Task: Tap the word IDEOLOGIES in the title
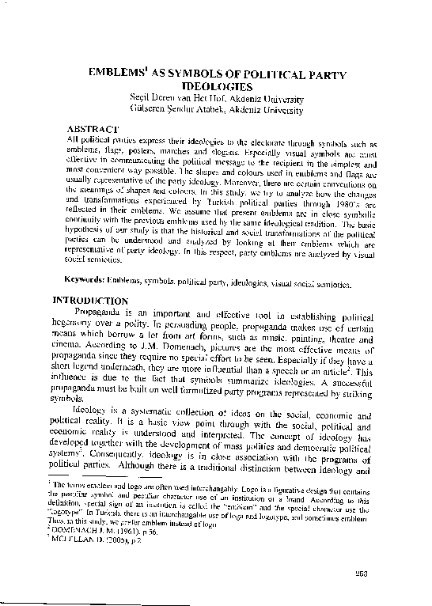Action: coord(217,86)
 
